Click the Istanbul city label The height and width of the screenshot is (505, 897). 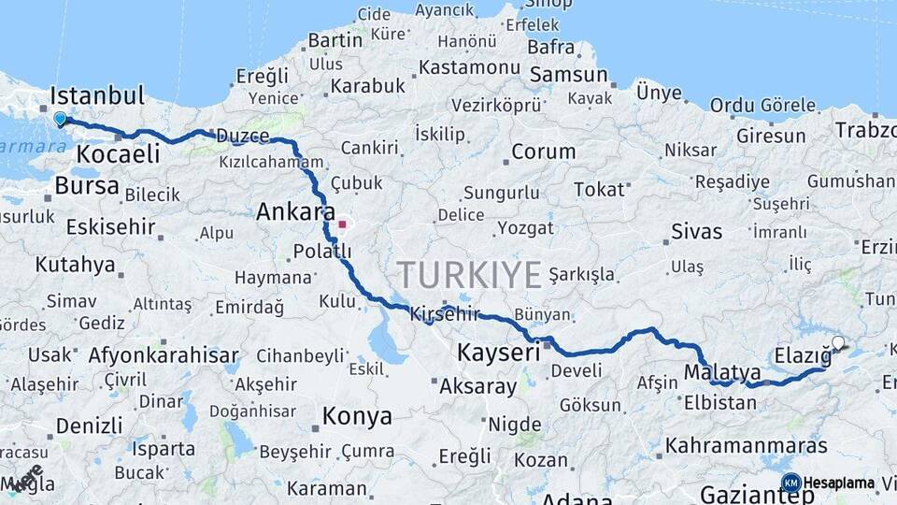pos(97,95)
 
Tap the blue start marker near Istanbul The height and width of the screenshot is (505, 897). pos(60,119)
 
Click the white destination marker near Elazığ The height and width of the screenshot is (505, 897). pos(838,343)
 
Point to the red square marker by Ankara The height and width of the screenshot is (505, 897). pos(343,224)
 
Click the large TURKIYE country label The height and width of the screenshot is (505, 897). pos(469,275)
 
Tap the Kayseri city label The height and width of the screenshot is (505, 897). pos(499,353)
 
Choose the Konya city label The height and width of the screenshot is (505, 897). pos(356,415)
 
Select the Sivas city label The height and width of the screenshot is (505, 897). pos(696,230)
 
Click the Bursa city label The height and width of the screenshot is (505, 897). pos(87,185)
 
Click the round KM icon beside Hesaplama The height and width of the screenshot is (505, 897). pos(790,483)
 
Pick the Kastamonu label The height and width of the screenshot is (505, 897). pos(469,67)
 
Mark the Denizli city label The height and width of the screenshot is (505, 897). pos(89,426)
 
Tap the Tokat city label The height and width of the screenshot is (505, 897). pos(599,189)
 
